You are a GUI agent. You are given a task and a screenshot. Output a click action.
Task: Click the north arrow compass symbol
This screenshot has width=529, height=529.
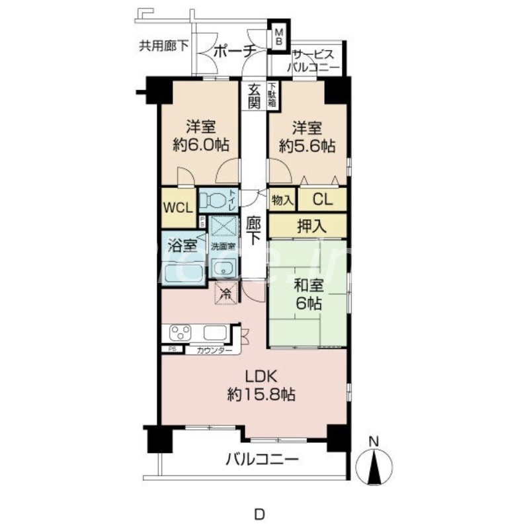coord(374,464)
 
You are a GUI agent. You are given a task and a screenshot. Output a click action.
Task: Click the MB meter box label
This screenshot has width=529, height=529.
coord(279,36)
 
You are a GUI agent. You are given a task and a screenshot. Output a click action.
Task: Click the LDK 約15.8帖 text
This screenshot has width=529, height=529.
coord(261,386)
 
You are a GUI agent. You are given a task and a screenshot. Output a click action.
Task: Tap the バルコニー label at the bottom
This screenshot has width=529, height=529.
coord(261,459)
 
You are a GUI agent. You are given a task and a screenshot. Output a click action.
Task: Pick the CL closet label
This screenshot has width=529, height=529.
coord(323,200)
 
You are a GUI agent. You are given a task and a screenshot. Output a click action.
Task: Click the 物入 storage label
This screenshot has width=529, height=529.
coord(282,200)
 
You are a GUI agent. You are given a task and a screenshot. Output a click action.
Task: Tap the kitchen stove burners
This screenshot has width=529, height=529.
coord(181,332)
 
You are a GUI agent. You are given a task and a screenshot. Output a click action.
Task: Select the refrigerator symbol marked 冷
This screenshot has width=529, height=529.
coord(225,291)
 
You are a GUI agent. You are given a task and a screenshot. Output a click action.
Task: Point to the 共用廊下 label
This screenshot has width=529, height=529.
coord(163,46)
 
